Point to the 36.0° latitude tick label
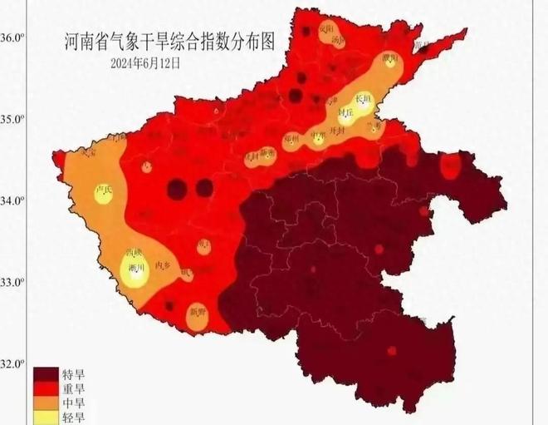[11, 37]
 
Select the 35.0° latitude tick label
[11, 119]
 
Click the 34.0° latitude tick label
[11, 200]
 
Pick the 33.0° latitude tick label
[11, 282]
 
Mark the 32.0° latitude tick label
[11, 363]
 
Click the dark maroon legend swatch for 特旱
[45, 374]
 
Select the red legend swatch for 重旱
[45, 388]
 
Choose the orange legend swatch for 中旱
[45, 403]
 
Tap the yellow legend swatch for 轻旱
[45, 417]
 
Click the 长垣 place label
[363, 97]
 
